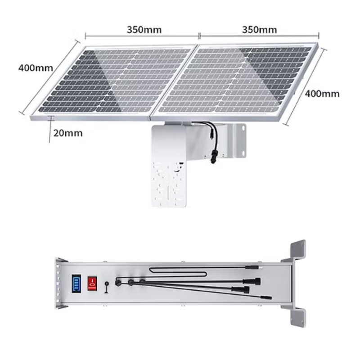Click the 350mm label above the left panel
(144, 30)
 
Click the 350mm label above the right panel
(259, 30)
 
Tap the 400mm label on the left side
(36, 68)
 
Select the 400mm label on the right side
(322, 94)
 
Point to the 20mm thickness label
(68, 133)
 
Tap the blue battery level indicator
(75, 284)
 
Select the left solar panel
(115, 81)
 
